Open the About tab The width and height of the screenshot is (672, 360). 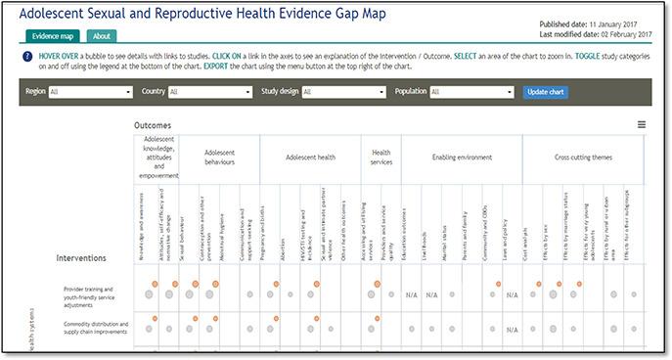click(101, 36)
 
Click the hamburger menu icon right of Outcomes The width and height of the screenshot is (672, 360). click(641, 125)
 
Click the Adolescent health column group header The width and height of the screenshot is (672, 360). click(310, 157)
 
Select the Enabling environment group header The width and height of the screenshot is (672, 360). click(463, 157)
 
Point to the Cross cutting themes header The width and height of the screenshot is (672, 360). click(583, 157)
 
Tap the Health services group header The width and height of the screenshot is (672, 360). click(381, 157)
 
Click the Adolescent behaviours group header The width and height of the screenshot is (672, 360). click(220, 157)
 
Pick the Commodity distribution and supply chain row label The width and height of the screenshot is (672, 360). click(96, 328)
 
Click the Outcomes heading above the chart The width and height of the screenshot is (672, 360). click(153, 125)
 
